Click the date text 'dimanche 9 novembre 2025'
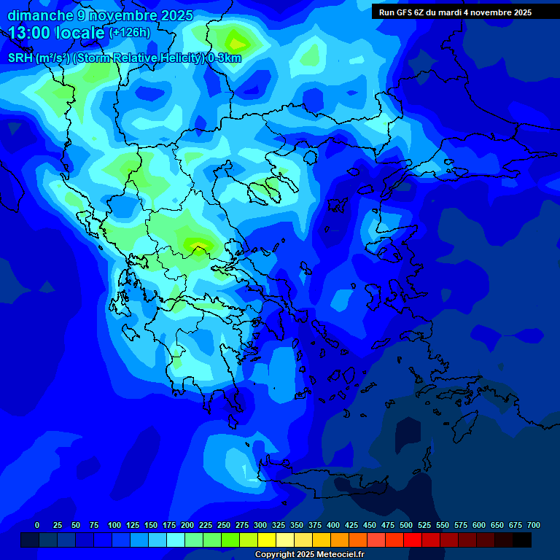[x=100, y=15]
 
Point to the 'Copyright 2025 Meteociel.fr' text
[x=309, y=555]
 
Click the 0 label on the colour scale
[x=37, y=525]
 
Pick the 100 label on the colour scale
[x=114, y=525]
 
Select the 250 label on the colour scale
[x=224, y=525]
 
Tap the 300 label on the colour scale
[x=260, y=525]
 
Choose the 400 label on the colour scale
[x=333, y=525]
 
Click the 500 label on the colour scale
[x=406, y=525]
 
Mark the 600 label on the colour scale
[x=479, y=525]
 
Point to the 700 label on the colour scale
[x=534, y=525]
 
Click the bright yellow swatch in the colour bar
[x=267, y=540]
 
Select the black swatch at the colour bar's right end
[x=522, y=540]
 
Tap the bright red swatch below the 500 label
[x=413, y=540]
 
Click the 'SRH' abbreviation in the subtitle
[x=20, y=58]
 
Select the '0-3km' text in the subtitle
[x=225, y=58]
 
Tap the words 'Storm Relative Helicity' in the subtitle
[x=139, y=58]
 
